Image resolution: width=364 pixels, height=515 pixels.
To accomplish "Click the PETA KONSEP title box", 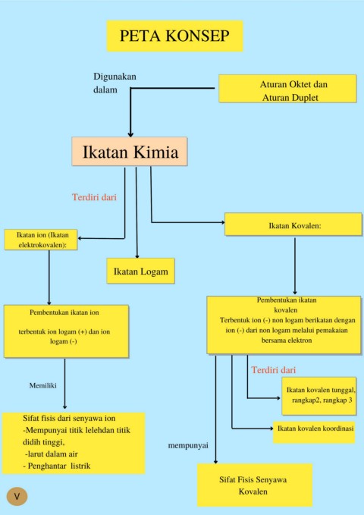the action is click(x=174, y=36).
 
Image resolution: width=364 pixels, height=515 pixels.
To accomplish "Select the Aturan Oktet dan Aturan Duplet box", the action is click(x=287, y=88).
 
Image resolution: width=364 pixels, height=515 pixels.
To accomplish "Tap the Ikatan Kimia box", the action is click(x=130, y=152).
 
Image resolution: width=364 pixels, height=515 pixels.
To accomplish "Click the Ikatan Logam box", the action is click(x=140, y=271).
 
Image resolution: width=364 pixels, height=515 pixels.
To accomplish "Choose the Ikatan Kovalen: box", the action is click(x=293, y=225).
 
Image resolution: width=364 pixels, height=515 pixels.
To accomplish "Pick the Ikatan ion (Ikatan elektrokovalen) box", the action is click(x=41, y=240).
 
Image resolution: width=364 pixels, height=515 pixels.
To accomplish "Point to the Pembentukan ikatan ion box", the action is click(x=66, y=331).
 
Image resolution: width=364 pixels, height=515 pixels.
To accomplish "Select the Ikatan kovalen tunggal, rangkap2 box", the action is click(x=319, y=396).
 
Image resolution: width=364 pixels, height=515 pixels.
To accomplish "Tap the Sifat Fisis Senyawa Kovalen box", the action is click(x=255, y=485).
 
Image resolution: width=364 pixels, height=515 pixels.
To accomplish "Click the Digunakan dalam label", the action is click(x=115, y=83).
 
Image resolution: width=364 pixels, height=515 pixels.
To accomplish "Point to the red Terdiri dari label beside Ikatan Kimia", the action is click(x=94, y=197).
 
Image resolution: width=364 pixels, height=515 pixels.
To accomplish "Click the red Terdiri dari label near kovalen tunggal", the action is click(x=274, y=370).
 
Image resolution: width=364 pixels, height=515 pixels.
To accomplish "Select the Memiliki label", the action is click(x=43, y=385).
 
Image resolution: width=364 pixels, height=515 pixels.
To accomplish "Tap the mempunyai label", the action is click(x=188, y=446).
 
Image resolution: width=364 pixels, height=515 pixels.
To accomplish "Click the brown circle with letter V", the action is click(x=17, y=496).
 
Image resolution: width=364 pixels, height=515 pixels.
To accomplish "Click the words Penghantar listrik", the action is click(x=59, y=466).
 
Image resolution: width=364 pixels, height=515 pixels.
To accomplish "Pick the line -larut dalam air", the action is click(x=52, y=454).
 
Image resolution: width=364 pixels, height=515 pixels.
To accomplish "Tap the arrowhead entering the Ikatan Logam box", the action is click(x=137, y=256).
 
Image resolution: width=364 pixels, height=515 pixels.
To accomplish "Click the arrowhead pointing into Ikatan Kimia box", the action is click(x=130, y=135).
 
